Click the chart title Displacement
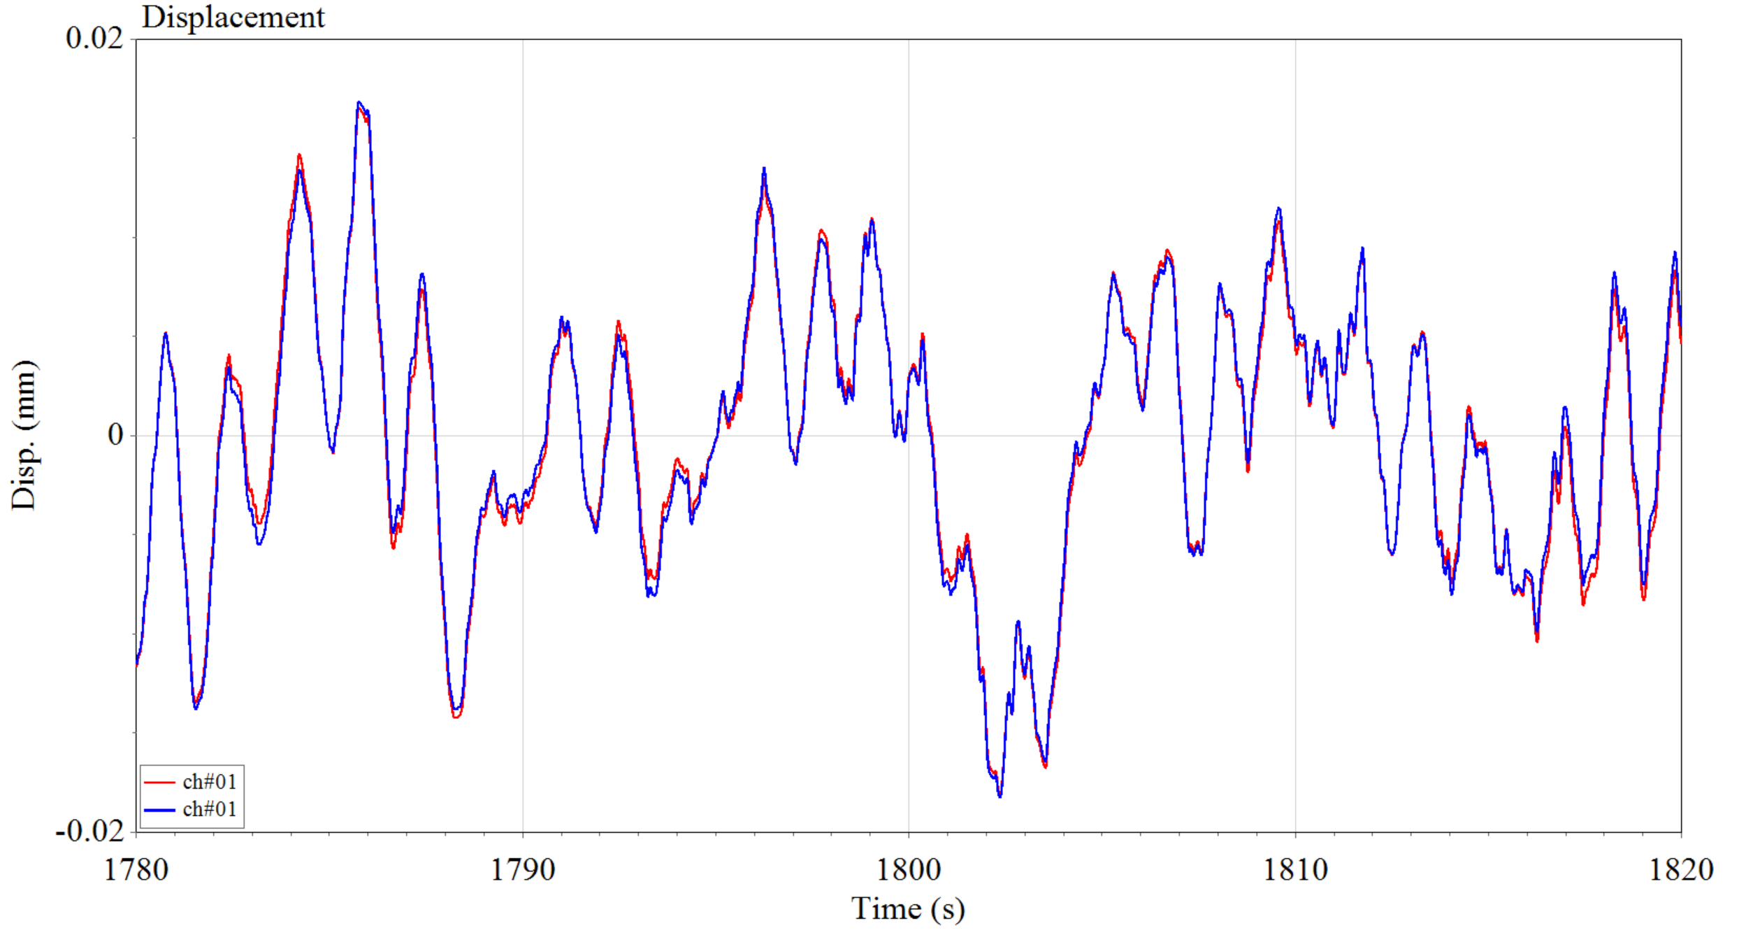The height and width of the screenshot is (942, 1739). (233, 17)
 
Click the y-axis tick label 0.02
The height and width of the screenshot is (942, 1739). (94, 38)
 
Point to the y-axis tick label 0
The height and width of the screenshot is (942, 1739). (115, 435)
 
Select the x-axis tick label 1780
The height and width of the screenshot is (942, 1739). (136, 870)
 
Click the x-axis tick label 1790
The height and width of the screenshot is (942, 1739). (522, 870)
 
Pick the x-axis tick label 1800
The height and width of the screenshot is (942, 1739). (909, 870)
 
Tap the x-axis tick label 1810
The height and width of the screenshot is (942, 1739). (1295, 870)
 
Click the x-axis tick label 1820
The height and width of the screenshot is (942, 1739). (1681, 870)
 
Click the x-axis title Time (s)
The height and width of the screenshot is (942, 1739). (908, 909)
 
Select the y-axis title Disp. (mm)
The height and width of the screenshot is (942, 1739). (24, 435)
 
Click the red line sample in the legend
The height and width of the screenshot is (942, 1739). (159, 782)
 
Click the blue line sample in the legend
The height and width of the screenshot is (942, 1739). (159, 810)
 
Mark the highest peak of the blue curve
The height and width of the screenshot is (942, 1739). (359, 102)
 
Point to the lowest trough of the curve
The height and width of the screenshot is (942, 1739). (1000, 796)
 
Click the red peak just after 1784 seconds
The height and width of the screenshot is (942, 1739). (299, 155)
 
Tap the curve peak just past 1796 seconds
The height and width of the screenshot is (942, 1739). (764, 169)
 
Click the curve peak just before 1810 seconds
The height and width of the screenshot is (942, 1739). (1278, 208)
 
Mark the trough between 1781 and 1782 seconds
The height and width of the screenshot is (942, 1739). (196, 708)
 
